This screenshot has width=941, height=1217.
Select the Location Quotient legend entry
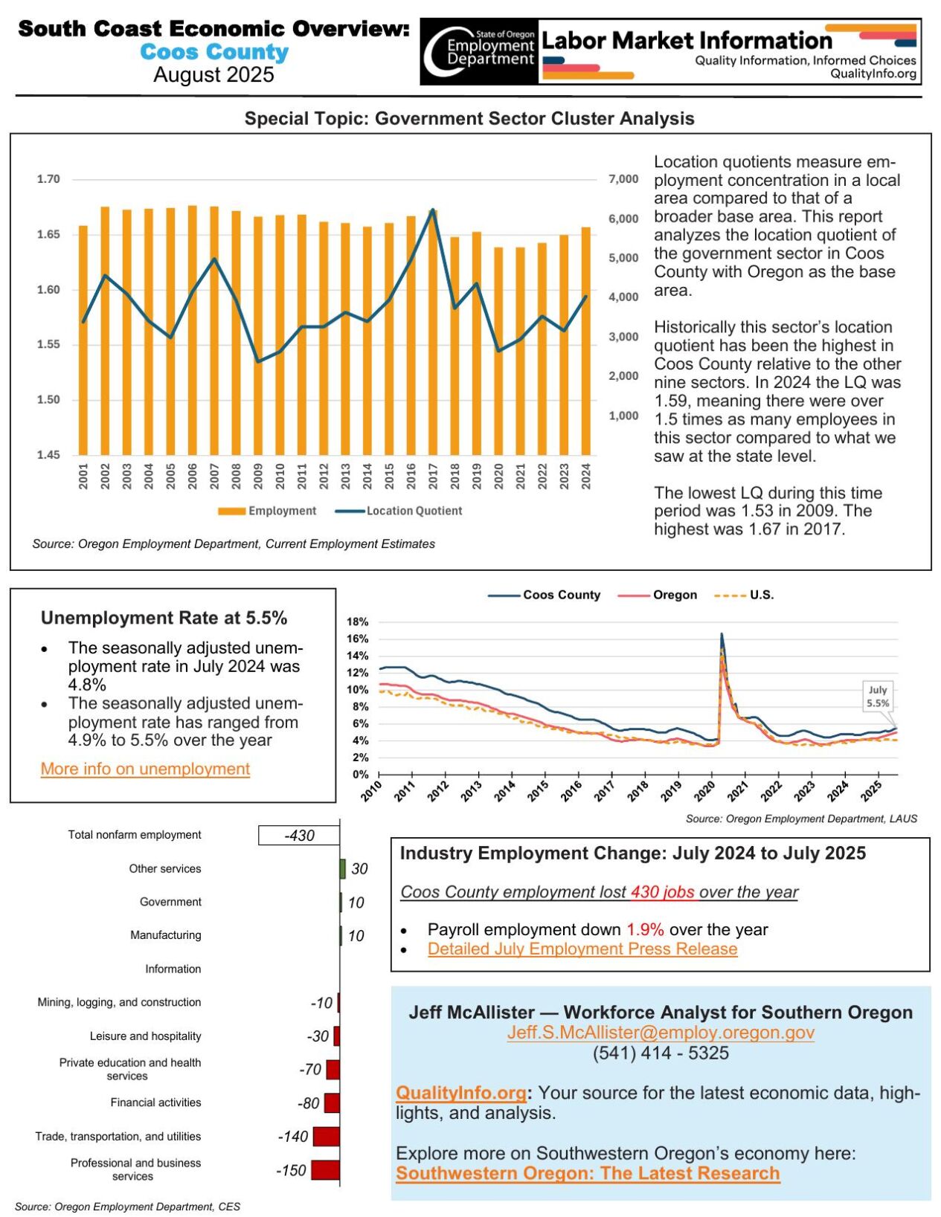click(x=399, y=511)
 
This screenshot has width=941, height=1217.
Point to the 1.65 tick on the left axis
click(x=48, y=234)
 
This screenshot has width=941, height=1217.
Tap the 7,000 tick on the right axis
click(x=623, y=179)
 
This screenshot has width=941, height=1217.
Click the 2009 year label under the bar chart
click(x=258, y=477)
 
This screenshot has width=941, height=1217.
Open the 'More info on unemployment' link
click(x=145, y=769)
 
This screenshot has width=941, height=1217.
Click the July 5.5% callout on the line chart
click(x=878, y=697)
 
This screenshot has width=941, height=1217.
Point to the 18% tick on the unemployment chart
click(x=358, y=622)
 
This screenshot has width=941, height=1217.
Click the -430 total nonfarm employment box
click(x=299, y=836)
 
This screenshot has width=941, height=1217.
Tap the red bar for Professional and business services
click(x=325, y=1170)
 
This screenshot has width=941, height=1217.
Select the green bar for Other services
click(x=343, y=868)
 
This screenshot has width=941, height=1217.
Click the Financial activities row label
click(x=155, y=1103)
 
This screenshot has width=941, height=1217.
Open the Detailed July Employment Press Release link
click(x=582, y=949)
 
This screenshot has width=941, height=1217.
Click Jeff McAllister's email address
click(x=661, y=1033)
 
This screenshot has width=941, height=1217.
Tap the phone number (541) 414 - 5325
click(x=661, y=1053)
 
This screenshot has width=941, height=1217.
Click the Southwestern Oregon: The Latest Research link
click(x=588, y=1174)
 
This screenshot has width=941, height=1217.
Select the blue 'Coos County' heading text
click(x=214, y=52)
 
